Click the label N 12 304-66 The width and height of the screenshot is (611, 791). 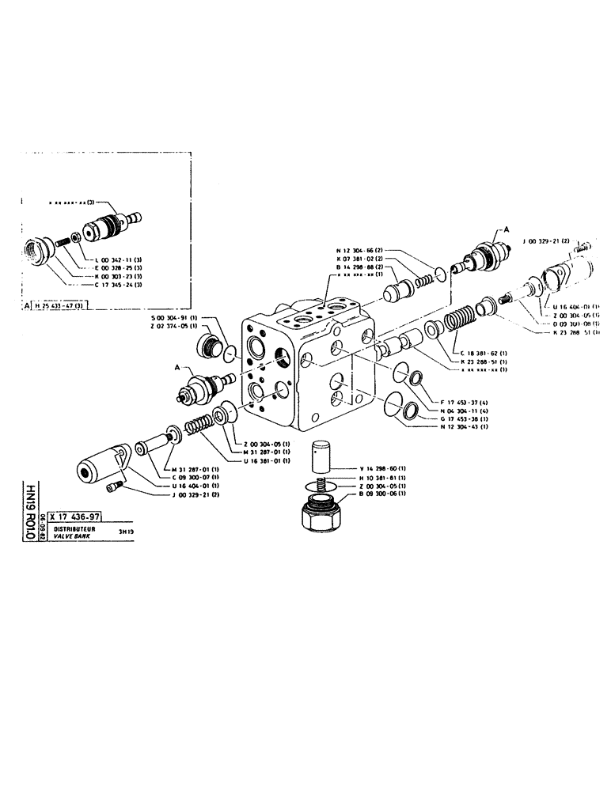click(361, 249)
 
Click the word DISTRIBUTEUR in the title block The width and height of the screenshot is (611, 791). click(75, 528)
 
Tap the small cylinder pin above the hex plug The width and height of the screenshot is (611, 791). click(321, 456)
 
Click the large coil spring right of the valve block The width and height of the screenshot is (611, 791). click(458, 324)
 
